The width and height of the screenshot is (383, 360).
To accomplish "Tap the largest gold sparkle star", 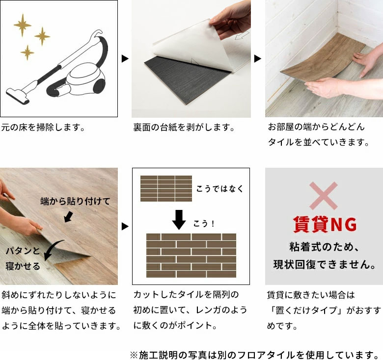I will (22, 25).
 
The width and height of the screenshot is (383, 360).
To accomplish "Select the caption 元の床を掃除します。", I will (43, 128).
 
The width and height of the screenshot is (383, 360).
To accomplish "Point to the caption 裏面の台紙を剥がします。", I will (184, 128).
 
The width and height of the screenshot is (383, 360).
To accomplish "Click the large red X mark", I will (323, 196).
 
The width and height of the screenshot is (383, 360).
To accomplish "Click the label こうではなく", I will (219, 189).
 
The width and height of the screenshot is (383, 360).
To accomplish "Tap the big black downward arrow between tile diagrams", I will (179, 219).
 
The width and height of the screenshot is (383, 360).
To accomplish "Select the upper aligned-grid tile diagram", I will (166, 188).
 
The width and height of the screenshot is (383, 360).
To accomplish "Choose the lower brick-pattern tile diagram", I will (191, 255).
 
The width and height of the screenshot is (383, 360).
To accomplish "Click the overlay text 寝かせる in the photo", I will (24, 266).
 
